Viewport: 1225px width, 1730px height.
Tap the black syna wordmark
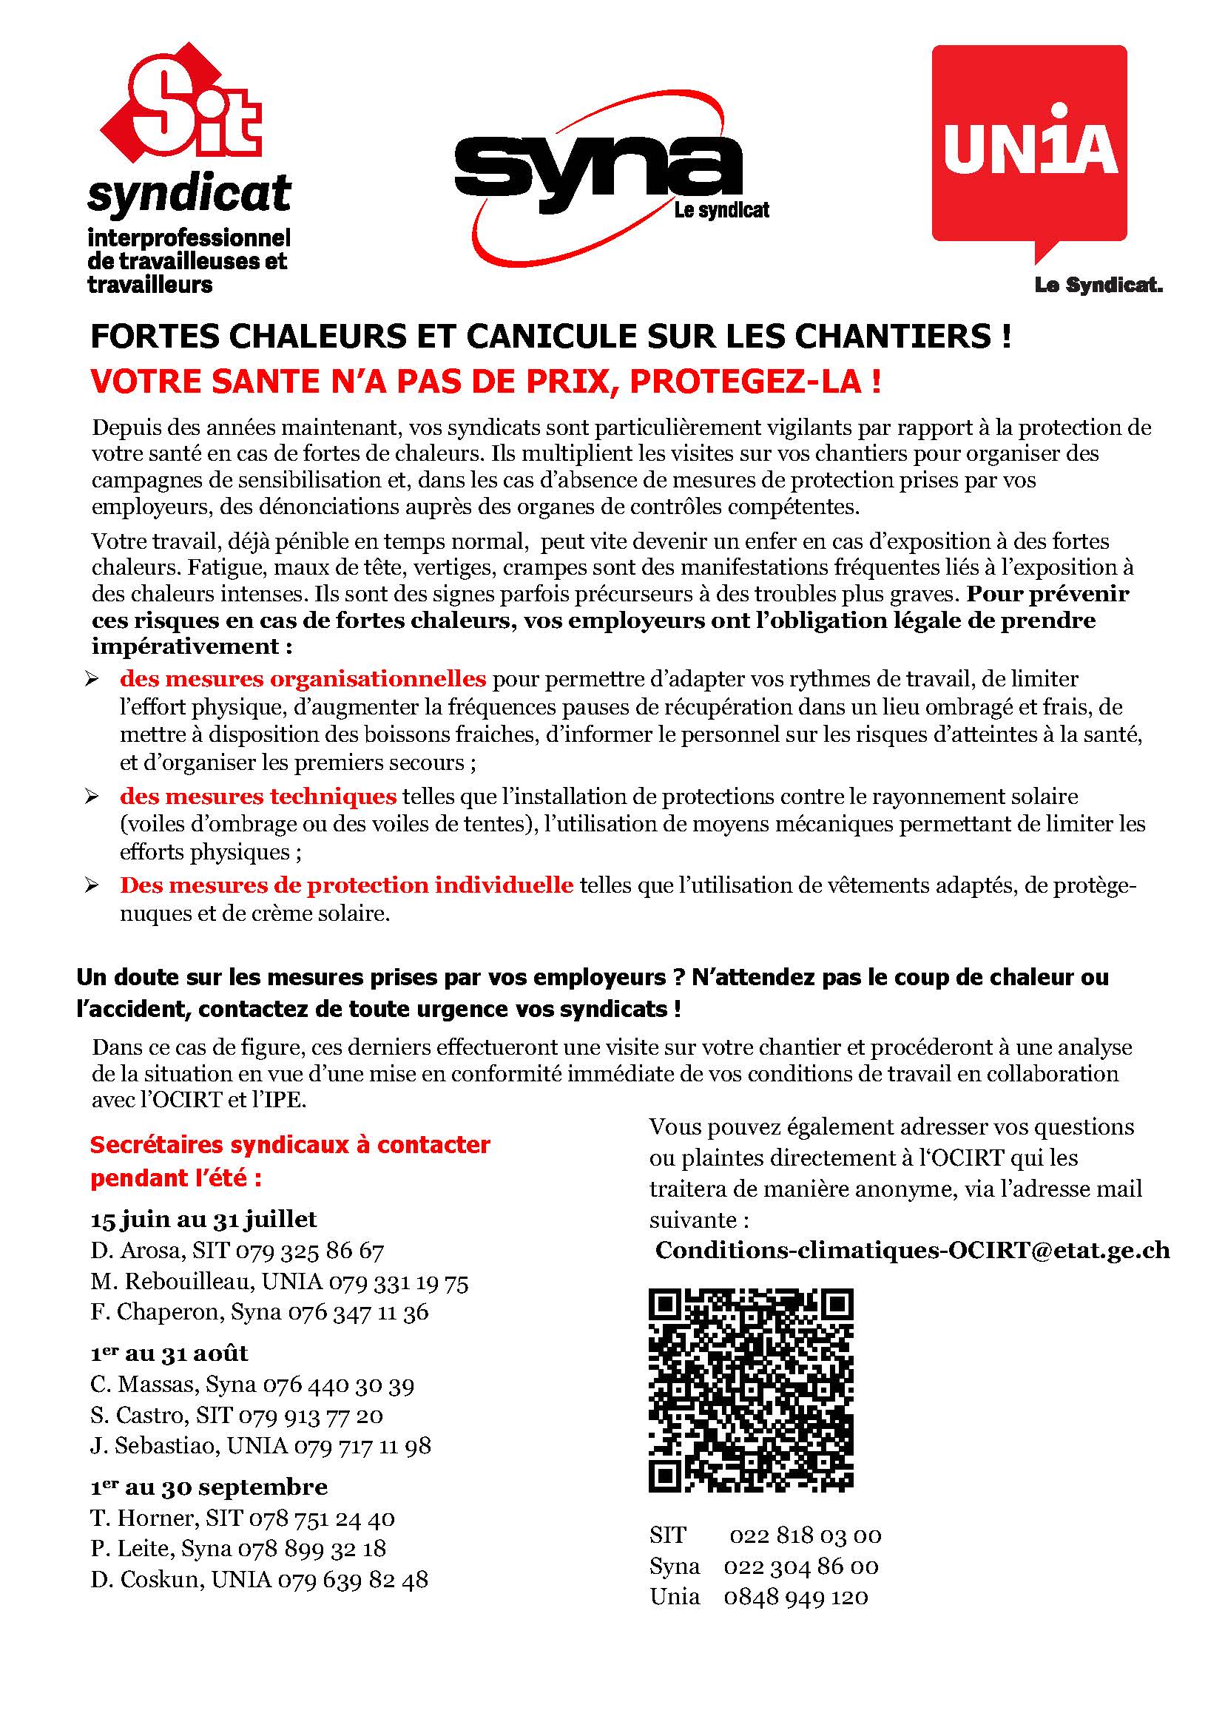(x=596, y=163)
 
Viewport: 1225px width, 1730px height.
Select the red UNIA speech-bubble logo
(x=1030, y=147)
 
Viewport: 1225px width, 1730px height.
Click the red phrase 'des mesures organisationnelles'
(x=303, y=679)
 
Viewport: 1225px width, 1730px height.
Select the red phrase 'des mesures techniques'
(x=258, y=797)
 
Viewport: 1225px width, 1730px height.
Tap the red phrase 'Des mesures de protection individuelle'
(x=346, y=885)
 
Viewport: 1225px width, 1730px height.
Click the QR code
(x=751, y=1390)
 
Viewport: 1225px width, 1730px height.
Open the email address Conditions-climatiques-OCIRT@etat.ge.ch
(x=912, y=1250)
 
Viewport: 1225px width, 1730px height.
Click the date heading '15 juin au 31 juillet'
(x=203, y=1219)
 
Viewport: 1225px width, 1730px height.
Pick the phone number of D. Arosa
(x=310, y=1251)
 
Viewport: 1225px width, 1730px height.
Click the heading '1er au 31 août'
(x=169, y=1353)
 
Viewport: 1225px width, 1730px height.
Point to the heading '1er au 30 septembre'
(x=209, y=1487)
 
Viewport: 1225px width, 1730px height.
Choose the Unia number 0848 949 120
(x=796, y=1597)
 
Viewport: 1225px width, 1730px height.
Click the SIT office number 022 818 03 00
(x=805, y=1535)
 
